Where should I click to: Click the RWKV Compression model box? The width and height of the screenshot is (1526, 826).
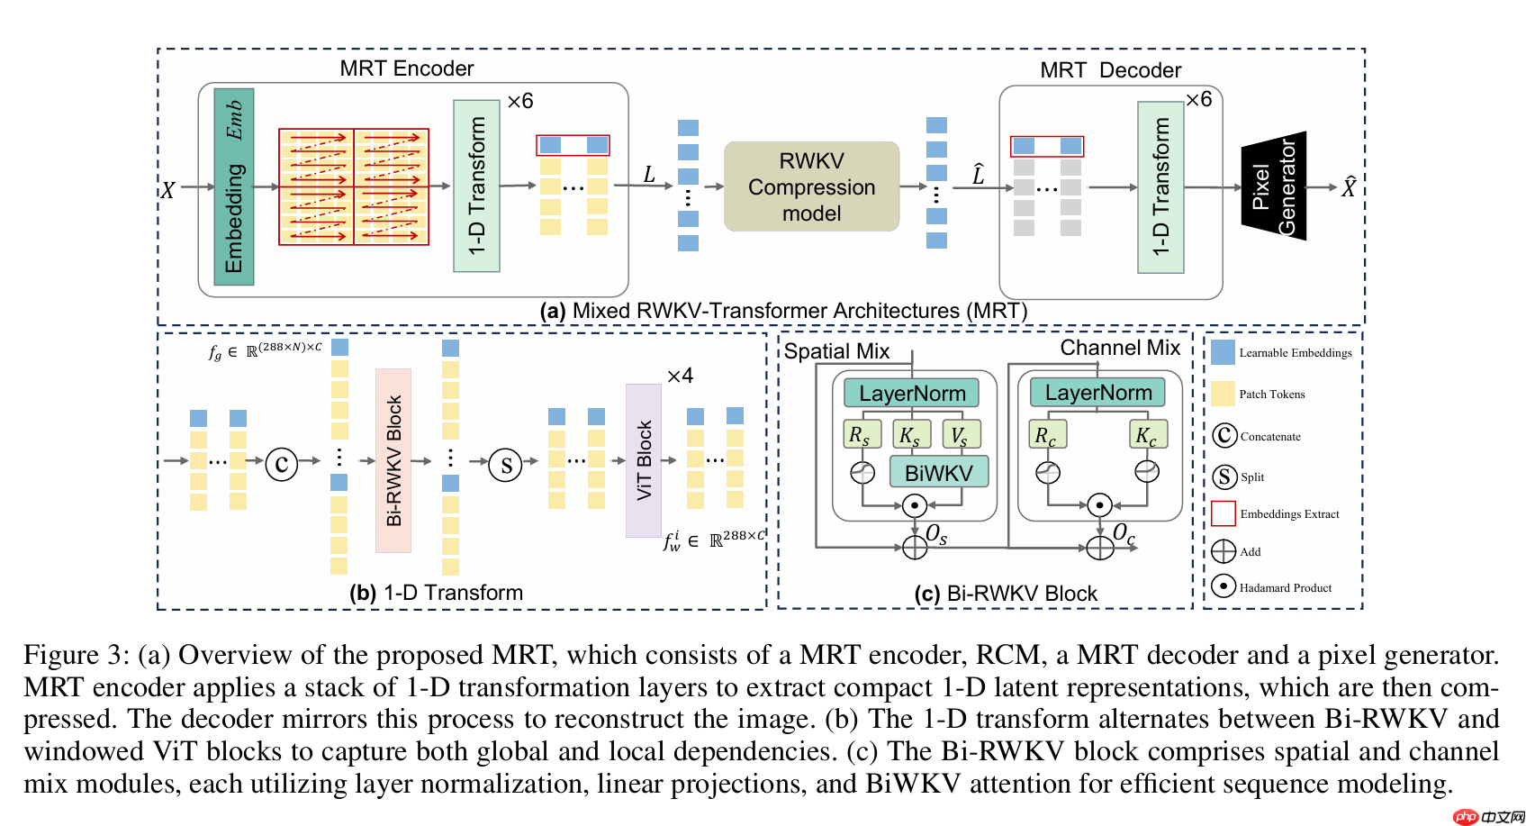(811, 186)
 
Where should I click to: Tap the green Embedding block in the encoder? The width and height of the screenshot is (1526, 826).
(233, 186)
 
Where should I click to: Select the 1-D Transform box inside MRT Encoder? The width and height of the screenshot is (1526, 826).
(476, 186)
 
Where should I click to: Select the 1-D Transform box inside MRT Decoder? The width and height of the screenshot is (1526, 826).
(1160, 186)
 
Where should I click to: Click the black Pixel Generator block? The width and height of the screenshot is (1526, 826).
(1274, 186)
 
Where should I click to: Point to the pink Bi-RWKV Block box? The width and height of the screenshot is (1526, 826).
(393, 460)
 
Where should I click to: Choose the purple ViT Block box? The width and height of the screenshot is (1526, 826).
(644, 460)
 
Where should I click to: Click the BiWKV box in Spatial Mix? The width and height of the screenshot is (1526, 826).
(938, 473)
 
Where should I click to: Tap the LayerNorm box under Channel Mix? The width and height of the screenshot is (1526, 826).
(1097, 393)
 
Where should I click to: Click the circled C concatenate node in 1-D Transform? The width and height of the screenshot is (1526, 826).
(281, 464)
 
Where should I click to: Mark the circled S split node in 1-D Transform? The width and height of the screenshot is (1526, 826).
(505, 465)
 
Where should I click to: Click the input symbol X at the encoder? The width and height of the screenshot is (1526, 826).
(167, 190)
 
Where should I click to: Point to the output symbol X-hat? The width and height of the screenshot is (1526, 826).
(1349, 187)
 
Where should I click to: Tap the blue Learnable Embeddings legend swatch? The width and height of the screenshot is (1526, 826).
(1223, 352)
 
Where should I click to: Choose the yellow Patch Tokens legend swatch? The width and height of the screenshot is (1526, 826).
(1223, 394)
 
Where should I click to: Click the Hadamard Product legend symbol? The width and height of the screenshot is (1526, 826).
(1223, 586)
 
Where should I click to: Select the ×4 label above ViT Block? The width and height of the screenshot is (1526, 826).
(680, 376)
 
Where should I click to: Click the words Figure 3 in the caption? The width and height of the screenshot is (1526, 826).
(71, 655)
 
